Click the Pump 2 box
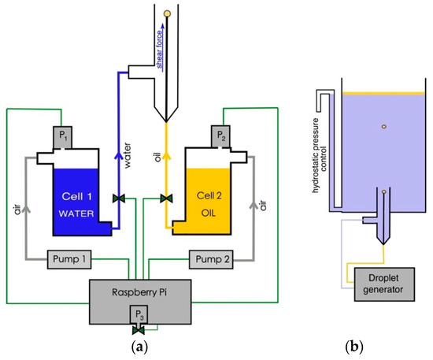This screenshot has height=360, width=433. [213, 259]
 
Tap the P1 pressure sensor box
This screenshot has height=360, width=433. [65, 138]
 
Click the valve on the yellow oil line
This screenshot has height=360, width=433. [165, 198]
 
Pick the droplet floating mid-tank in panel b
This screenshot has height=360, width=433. [383, 125]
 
